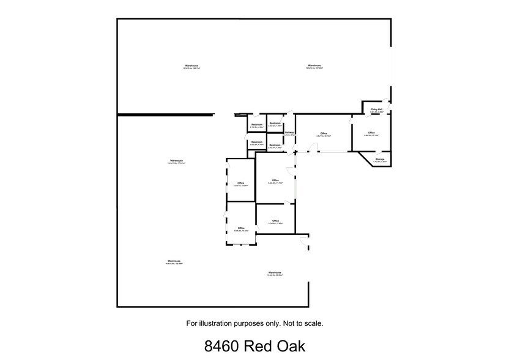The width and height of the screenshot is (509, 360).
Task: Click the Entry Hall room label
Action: [x=377, y=110]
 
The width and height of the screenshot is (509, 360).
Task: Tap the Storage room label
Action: [x=380, y=159]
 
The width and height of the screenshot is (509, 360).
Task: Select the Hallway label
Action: [x=289, y=132]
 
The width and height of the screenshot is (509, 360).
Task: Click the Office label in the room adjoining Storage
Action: [x=371, y=132]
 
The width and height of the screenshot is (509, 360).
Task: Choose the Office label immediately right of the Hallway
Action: [x=323, y=133]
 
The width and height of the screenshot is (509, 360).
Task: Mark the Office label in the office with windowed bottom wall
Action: [x=241, y=228]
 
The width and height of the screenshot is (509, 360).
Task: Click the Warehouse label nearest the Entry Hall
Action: [x=314, y=66]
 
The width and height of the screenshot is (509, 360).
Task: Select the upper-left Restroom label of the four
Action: [x=257, y=125]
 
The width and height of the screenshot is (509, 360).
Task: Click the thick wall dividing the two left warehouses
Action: [x=165, y=114]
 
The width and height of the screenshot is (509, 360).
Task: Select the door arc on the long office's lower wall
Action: [x=313, y=148]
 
